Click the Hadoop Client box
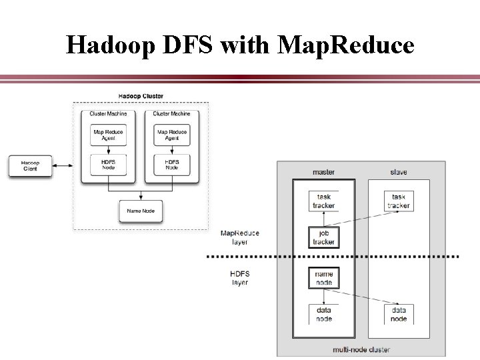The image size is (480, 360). (x=30, y=166)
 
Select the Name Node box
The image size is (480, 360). (x=141, y=211)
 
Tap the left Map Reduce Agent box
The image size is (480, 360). (x=108, y=135)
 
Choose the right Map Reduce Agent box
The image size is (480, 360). (x=172, y=135)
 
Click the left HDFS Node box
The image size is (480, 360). (x=108, y=164)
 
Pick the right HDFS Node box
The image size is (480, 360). (x=172, y=164)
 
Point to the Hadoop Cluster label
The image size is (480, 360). (x=141, y=97)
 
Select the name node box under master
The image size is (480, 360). (x=324, y=278)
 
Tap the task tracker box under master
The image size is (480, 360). (x=324, y=201)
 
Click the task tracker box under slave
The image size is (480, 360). (x=399, y=201)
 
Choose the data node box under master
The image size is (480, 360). (x=324, y=314)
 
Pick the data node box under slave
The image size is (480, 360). (x=399, y=314)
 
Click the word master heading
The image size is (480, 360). (x=324, y=173)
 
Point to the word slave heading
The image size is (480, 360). (x=399, y=173)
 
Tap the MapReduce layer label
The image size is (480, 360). (x=240, y=238)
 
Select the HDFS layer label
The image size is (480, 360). (x=240, y=278)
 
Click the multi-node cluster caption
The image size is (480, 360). (x=362, y=349)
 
